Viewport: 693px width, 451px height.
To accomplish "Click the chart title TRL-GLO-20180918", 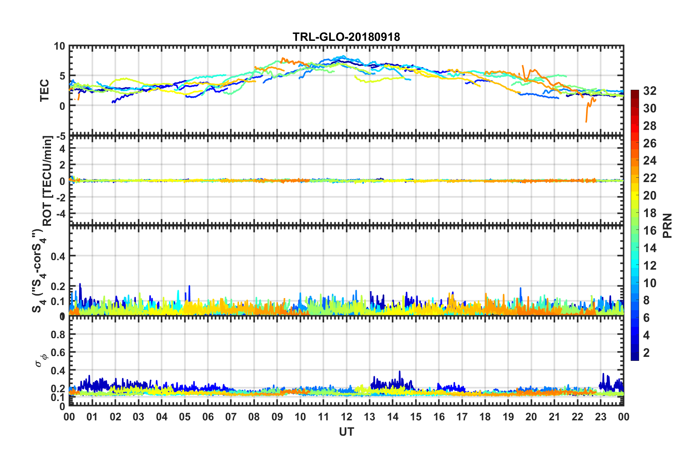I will pos(346,37).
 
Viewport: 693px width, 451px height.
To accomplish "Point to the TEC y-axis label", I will pos(44,90).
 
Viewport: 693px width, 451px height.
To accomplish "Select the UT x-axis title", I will pos(346,432).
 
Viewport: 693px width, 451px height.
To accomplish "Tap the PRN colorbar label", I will pos(667,225).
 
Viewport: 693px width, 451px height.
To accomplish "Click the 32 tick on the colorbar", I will pos(650,91).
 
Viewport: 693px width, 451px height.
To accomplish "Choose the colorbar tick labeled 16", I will pos(650,231).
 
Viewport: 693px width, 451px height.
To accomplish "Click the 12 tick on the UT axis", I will pos(346,417).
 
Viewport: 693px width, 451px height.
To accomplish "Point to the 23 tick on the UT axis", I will pos(600,417).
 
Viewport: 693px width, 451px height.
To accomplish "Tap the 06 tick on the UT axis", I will pos(208,417).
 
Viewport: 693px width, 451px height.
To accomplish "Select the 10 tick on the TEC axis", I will pos(59,46).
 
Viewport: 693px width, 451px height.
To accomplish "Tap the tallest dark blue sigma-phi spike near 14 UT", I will pos(400,372).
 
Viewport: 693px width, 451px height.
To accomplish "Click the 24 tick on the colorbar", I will pos(650,161).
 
